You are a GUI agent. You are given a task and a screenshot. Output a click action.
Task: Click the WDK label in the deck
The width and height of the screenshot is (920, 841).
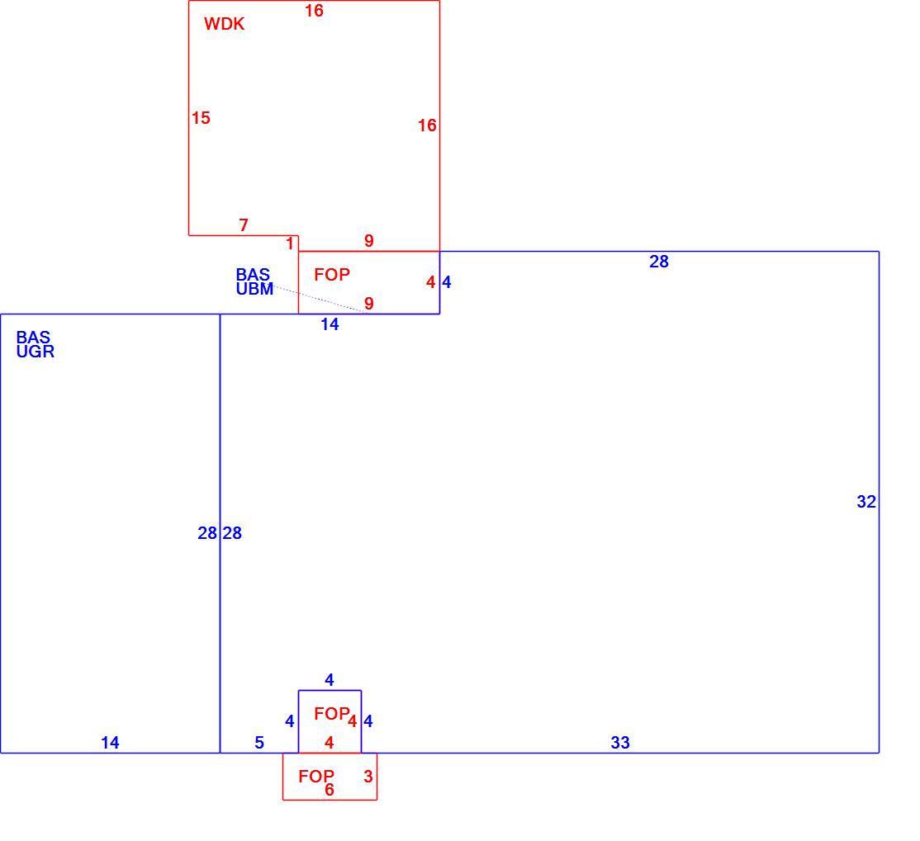click(224, 24)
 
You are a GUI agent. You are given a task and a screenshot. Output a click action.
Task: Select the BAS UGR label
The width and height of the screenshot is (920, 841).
click(36, 344)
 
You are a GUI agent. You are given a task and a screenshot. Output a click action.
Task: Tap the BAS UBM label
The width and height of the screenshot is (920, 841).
click(254, 281)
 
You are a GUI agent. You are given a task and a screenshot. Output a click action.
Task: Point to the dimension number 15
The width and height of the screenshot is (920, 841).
click(201, 118)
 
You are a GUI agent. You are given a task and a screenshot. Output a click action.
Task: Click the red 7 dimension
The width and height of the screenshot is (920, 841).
click(244, 224)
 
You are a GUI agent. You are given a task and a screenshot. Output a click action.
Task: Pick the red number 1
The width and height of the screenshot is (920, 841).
click(290, 243)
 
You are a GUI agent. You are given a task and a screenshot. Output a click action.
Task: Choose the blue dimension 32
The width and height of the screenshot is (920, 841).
click(866, 502)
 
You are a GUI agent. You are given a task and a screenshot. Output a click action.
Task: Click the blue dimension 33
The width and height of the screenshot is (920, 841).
click(620, 743)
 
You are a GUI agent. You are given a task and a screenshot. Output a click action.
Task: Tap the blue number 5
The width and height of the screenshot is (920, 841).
click(259, 743)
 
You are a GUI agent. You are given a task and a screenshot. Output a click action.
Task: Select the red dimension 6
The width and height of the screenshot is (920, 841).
click(330, 790)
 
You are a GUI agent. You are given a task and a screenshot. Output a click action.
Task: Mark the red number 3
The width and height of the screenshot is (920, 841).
click(368, 777)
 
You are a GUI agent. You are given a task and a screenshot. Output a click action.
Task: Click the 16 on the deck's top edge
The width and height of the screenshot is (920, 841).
click(314, 11)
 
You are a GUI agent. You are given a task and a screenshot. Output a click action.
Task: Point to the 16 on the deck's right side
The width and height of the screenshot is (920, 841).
click(427, 125)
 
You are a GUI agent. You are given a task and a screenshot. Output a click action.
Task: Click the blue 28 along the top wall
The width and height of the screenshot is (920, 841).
click(659, 262)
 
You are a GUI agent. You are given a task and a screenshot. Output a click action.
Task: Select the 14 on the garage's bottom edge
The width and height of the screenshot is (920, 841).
click(110, 743)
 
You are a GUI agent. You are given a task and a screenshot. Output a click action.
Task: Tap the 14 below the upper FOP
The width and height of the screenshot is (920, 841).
click(330, 324)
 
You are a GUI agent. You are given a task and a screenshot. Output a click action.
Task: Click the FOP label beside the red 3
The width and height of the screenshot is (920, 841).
click(316, 777)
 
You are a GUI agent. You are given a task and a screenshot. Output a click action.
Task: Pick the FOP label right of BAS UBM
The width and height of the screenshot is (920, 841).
click(332, 275)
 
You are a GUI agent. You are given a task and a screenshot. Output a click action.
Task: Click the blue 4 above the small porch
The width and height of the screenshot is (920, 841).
click(330, 680)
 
